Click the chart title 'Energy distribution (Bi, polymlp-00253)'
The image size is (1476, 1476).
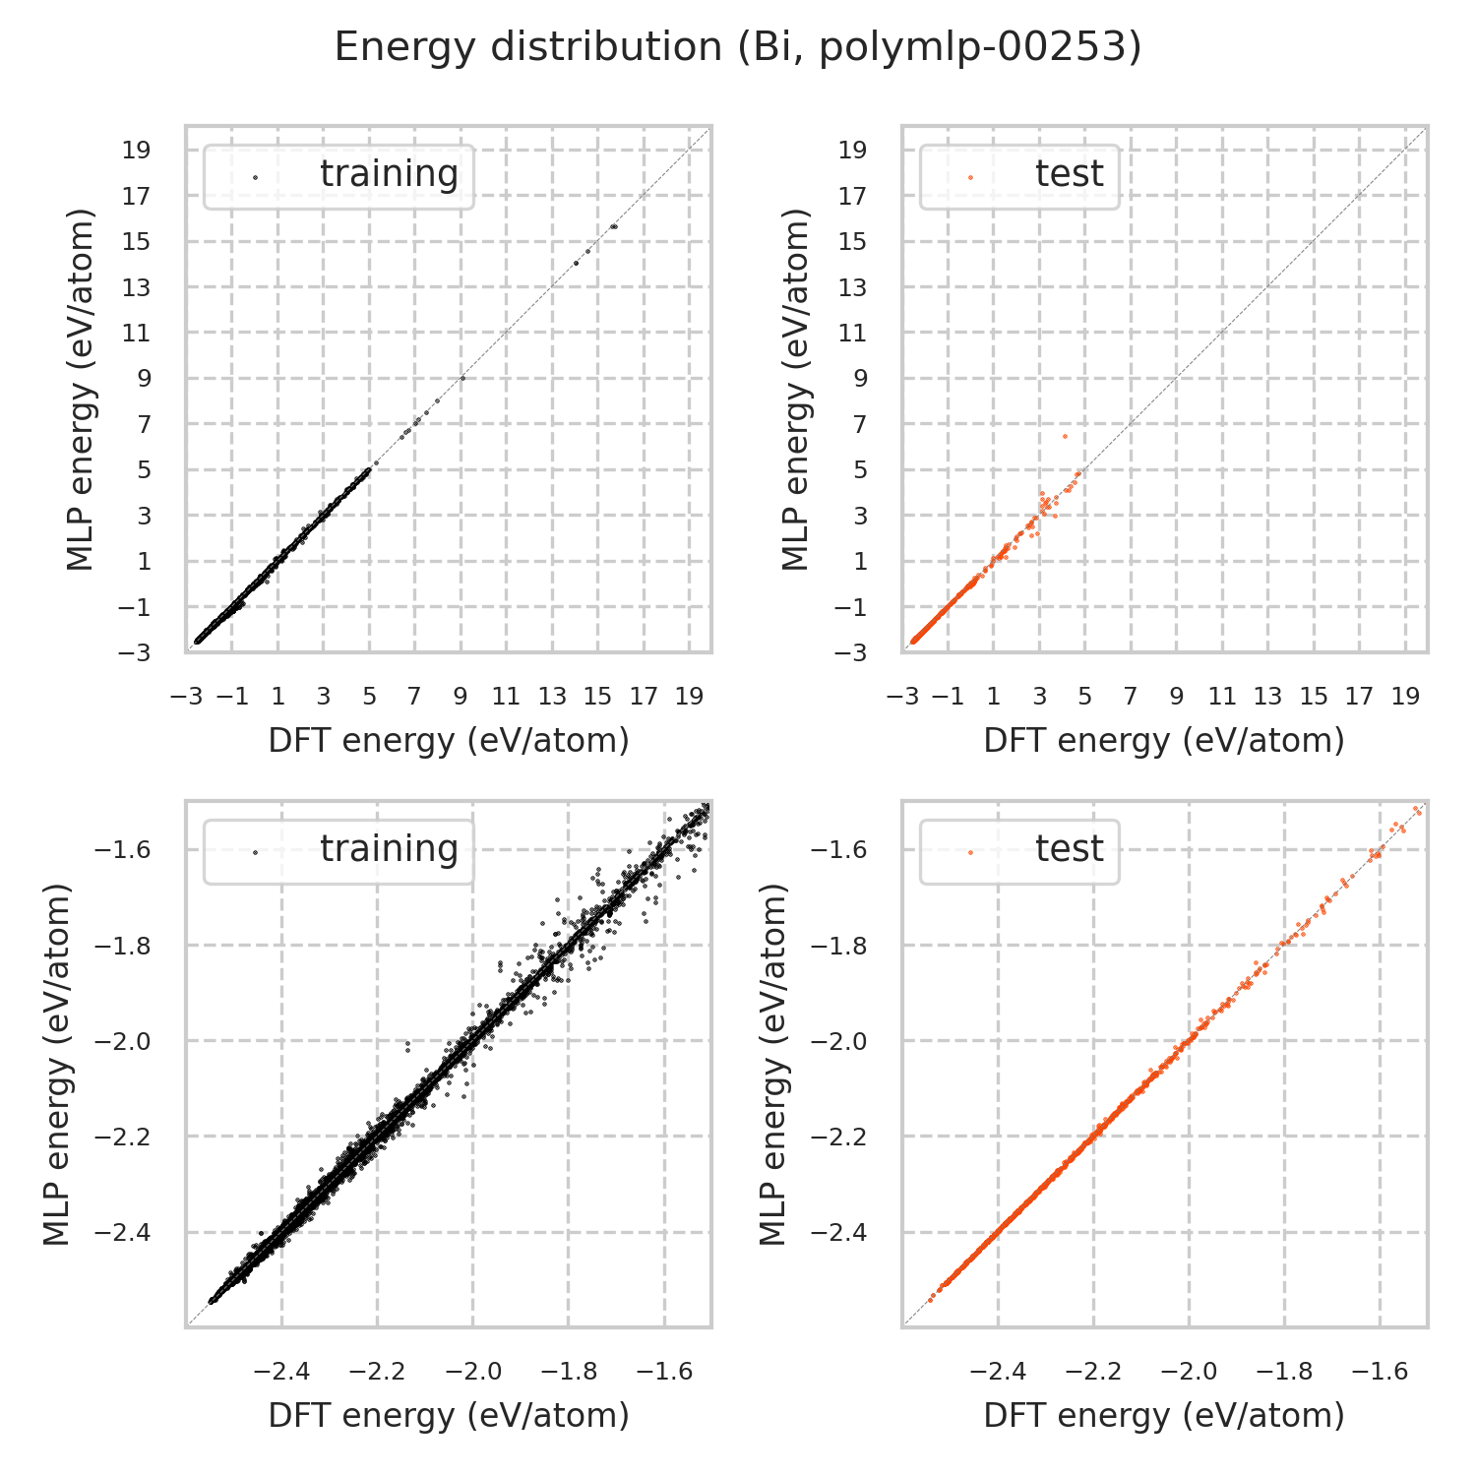[738, 47]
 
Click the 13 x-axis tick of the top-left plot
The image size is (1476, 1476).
[552, 697]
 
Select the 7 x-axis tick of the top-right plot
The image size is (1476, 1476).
[1130, 697]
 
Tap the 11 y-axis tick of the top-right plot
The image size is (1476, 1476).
[853, 333]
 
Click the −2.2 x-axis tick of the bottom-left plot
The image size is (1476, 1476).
[378, 1372]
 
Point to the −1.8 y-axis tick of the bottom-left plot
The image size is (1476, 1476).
[123, 946]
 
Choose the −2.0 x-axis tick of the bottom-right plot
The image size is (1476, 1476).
[1189, 1372]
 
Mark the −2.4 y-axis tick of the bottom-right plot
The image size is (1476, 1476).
[838, 1232]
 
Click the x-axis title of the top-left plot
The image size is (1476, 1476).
[449, 741]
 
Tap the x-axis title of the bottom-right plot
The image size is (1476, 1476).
[1164, 1416]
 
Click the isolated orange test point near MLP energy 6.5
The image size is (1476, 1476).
[1064, 436]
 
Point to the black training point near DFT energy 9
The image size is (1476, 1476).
[462, 378]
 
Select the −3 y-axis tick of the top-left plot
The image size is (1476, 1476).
[137, 652]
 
